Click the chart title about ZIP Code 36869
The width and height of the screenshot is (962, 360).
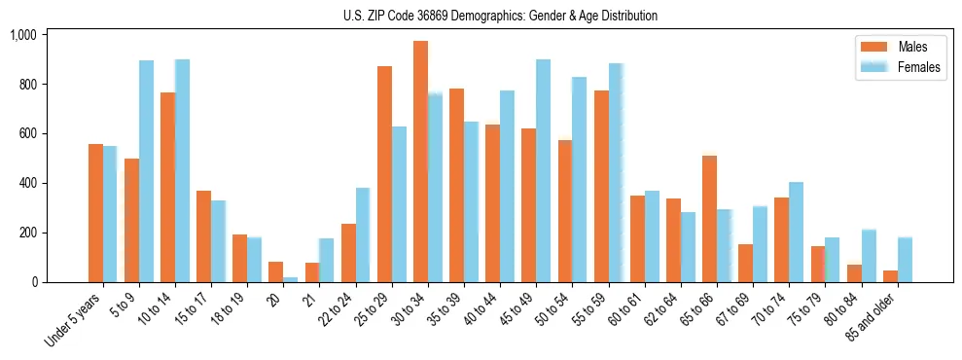click(x=500, y=16)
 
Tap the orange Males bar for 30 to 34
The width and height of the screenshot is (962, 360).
click(x=420, y=162)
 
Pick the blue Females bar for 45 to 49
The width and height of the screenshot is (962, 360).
click(x=543, y=171)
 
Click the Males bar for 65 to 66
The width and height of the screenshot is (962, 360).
click(x=709, y=219)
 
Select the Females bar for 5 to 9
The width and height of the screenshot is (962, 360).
click(x=146, y=171)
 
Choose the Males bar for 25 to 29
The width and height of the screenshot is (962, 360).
click(x=384, y=174)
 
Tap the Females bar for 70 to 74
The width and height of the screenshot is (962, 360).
click(x=796, y=232)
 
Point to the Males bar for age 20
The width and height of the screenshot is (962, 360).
click(x=275, y=271)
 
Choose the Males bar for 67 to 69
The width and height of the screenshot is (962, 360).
click(x=745, y=263)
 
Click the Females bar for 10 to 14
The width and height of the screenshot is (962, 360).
click(x=182, y=170)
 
